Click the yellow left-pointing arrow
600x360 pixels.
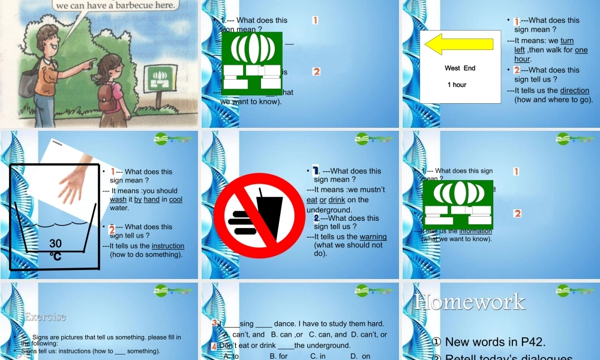click(451, 44)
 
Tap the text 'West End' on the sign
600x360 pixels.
click(460, 68)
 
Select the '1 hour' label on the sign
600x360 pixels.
click(457, 85)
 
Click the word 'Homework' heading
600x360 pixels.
click(469, 302)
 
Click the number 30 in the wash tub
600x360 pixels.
click(56, 243)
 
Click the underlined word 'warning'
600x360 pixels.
click(373, 236)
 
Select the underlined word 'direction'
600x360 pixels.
click(575, 91)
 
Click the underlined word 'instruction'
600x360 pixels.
click(168, 246)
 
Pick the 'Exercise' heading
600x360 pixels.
click(46, 316)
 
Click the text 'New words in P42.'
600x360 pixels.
click(495, 342)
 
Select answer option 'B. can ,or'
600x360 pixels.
click(289, 334)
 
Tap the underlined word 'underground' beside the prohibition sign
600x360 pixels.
click(329, 210)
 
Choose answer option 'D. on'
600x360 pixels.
click(360, 356)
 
